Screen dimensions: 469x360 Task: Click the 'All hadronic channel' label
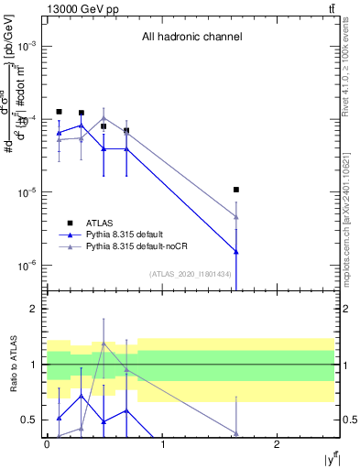pyautogui.click(x=191, y=38)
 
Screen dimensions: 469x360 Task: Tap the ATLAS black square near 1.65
pyautogui.click(x=236, y=190)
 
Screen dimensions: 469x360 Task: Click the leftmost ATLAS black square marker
pyautogui.click(x=59, y=112)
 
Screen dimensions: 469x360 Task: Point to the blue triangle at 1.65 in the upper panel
pyautogui.click(x=236, y=251)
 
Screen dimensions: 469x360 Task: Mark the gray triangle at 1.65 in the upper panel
pyautogui.click(x=236, y=217)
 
